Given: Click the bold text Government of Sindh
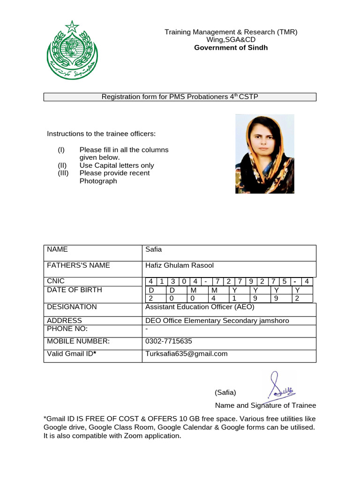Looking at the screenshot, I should (231, 48).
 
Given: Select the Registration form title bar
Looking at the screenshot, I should (180, 97).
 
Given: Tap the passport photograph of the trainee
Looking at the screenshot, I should (264, 154).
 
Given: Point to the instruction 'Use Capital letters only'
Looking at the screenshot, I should (117, 165).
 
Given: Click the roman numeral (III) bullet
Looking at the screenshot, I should (63, 173).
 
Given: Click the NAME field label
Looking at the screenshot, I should (58, 250).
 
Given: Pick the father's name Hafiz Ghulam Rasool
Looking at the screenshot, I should (180, 265).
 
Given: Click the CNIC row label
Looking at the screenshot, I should (56, 281).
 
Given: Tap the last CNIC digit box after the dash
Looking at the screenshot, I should (307, 281).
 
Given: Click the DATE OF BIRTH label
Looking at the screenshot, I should (75, 290).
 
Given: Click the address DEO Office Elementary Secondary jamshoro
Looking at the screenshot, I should (217, 321).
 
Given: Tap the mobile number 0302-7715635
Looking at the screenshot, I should (169, 341).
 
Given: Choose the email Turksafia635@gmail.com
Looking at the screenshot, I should (187, 354).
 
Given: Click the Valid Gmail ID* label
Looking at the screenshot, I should (72, 354).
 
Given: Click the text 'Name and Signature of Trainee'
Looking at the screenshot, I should (265, 405).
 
